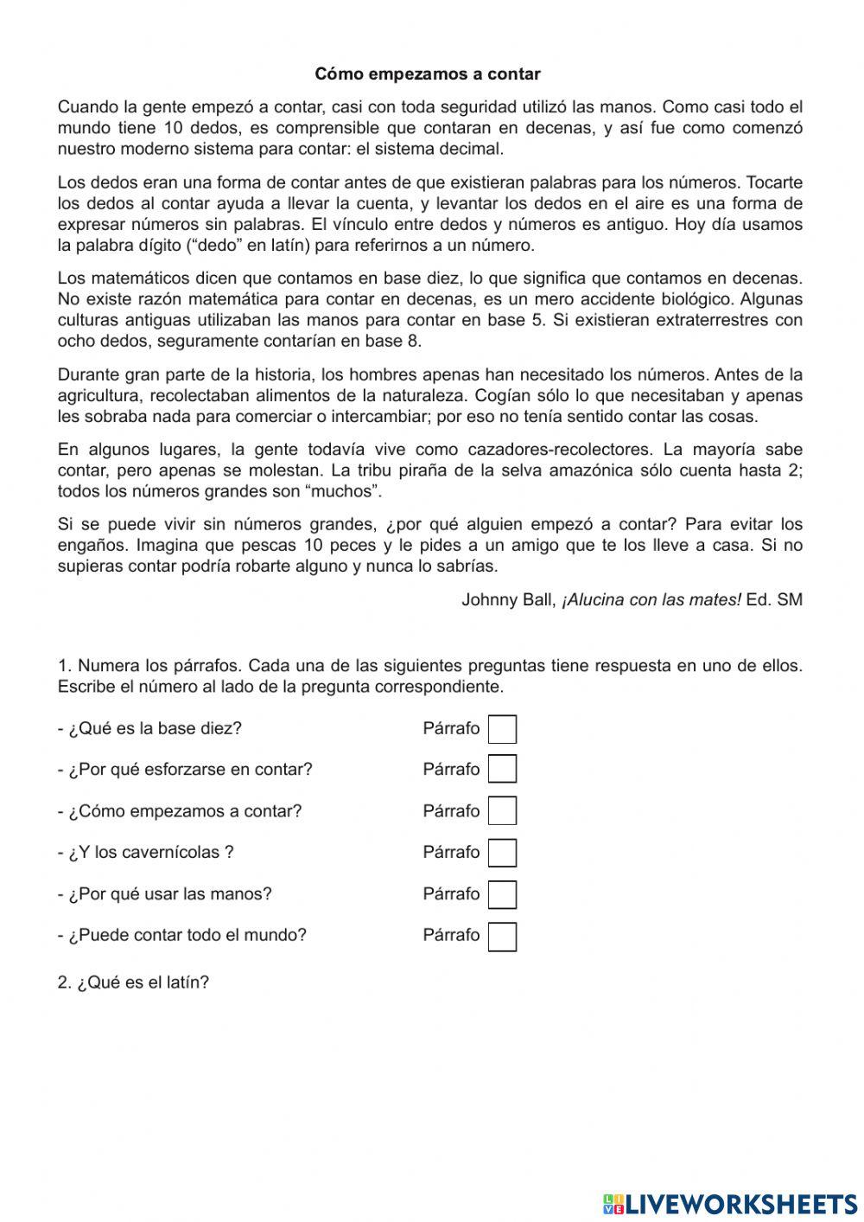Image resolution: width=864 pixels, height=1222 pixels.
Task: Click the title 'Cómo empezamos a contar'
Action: (x=428, y=74)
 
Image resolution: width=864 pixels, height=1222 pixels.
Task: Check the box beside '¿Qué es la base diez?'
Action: (x=502, y=729)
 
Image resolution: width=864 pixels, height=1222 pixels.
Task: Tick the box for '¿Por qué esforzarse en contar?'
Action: (x=502, y=770)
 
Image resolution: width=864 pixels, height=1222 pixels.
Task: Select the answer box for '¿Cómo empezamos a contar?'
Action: (x=502, y=811)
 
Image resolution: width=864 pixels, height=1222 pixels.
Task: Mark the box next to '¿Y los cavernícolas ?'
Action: (x=502, y=853)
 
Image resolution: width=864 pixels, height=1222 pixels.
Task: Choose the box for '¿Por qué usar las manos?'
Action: (x=502, y=894)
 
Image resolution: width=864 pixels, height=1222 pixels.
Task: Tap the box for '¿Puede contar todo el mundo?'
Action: (x=502, y=936)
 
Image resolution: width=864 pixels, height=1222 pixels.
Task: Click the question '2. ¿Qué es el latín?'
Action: (x=133, y=983)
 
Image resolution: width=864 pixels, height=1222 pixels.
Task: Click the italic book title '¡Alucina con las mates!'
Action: (x=651, y=600)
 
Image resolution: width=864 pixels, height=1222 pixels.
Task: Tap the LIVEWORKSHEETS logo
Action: (x=730, y=1203)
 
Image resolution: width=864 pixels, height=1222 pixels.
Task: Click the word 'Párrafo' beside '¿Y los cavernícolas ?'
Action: (x=451, y=853)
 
